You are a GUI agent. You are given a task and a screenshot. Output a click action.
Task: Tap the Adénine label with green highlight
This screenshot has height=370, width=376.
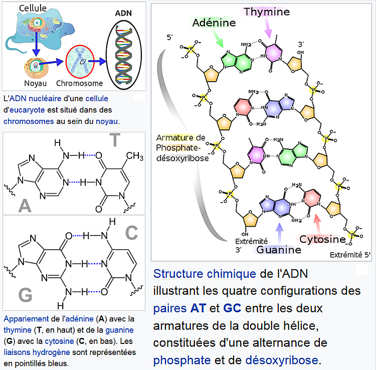point(214,23)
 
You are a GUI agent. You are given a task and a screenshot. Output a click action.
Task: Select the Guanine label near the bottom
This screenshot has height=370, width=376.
point(279,250)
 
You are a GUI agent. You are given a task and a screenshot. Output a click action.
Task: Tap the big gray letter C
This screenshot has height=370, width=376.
point(131,233)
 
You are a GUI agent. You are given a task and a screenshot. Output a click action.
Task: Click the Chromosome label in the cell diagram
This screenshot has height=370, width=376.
point(80,83)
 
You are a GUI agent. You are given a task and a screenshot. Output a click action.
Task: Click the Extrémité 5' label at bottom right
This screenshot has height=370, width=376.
point(350,255)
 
